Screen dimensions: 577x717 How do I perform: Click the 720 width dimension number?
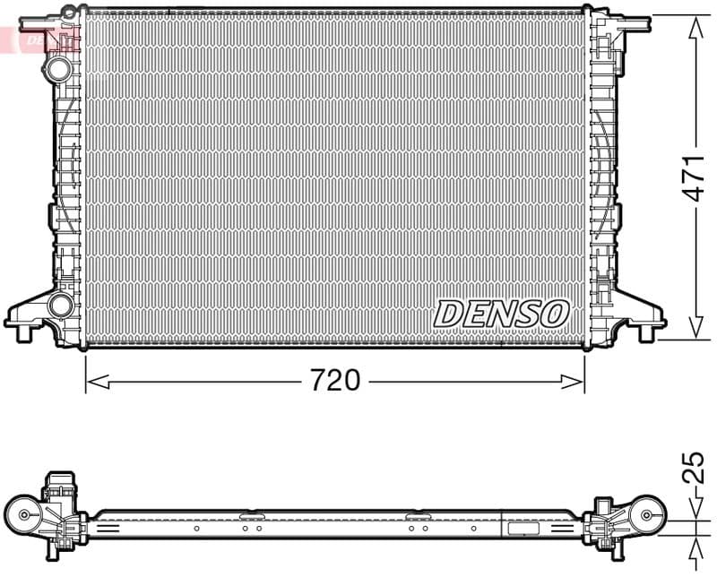tap(335, 381)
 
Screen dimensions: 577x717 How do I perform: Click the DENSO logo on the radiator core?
tap(502, 314)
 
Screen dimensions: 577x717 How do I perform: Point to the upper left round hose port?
tap(59, 68)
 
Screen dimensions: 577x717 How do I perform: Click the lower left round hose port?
tap(60, 305)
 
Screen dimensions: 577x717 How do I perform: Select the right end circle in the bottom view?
tap(647, 514)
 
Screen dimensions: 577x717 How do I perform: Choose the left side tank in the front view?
tap(67, 179)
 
